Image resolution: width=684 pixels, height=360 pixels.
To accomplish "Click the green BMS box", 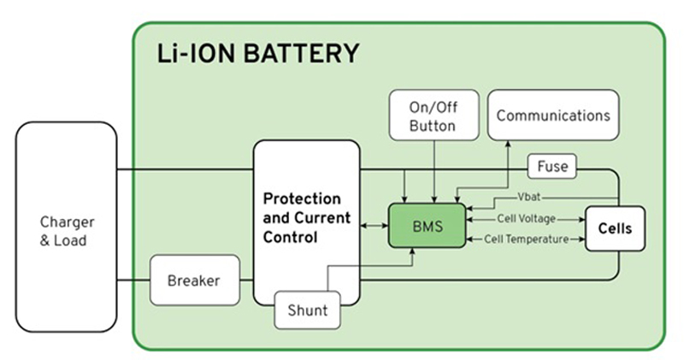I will [x=427, y=226].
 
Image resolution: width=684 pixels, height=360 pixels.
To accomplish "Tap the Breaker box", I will [x=193, y=280].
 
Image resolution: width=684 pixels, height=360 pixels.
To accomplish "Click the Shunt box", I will [x=306, y=310].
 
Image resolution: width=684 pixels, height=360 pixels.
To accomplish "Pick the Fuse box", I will [x=552, y=167].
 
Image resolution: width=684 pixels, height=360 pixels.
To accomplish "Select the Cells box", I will [x=614, y=229].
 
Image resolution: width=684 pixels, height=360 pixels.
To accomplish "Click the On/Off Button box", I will [x=433, y=115].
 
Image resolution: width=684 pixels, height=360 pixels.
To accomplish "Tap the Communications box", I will [x=553, y=115].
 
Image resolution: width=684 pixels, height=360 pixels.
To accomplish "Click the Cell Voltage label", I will [x=526, y=219].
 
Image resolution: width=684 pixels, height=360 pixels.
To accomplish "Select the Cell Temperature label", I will [x=526, y=239].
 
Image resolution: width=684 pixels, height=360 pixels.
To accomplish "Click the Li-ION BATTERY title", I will [x=257, y=53].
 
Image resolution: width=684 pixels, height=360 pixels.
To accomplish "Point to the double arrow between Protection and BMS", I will [x=374, y=227].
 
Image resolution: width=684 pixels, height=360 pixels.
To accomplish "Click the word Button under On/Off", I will [x=433, y=126].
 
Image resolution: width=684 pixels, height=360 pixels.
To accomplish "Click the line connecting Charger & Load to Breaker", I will [x=133, y=280].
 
